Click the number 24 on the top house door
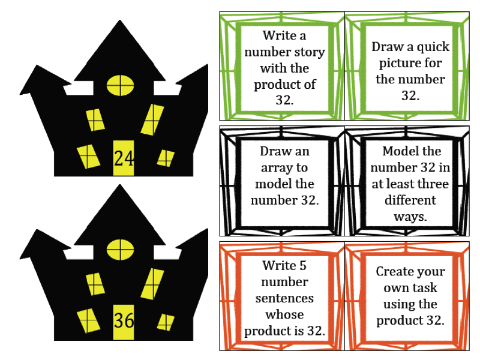[124, 158]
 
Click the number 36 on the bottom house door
[124, 320]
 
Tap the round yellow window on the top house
[120, 85]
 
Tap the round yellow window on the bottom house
[120, 248]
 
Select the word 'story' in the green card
[306, 52]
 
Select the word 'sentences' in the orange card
[284, 298]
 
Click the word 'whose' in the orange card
[284, 314]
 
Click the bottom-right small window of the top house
[165, 158]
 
